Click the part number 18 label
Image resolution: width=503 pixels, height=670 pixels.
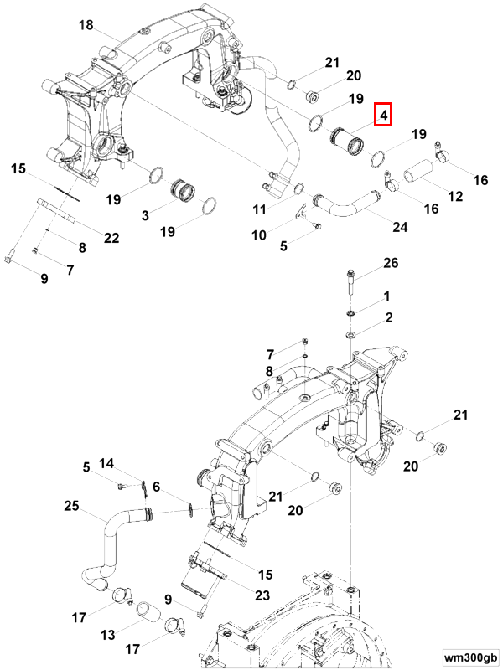[86, 26]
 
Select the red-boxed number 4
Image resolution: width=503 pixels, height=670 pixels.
[382, 114]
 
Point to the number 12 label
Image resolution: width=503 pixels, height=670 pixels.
[455, 197]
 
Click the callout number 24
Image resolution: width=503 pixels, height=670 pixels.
[400, 228]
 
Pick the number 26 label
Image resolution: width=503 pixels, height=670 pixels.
[391, 265]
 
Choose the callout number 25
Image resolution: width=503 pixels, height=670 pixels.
[72, 506]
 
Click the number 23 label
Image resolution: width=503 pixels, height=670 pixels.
[262, 596]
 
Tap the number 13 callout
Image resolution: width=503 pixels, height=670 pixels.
[108, 636]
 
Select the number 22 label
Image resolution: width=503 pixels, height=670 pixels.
[111, 239]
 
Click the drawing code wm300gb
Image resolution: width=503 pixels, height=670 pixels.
[471, 657]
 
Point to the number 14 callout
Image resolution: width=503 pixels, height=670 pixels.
[106, 464]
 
